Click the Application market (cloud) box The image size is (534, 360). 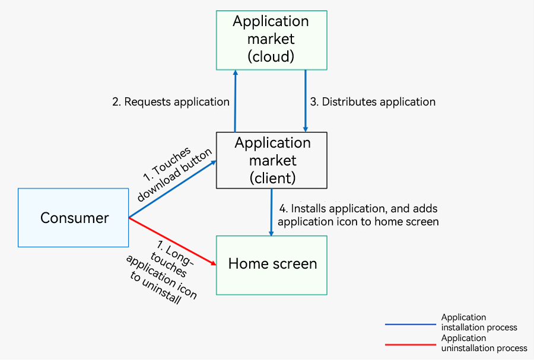[x=271, y=40]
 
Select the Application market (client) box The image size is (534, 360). [x=271, y=160]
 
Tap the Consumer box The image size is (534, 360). [x=73, y=218]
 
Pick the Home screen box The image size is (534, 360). [x=271, y=265]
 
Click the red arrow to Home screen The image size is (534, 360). [x=173, y=241]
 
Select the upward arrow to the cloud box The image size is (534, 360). [x=235, y=101]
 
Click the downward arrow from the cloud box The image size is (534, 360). [x=306, y=101]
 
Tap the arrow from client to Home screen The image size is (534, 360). [x=271, y=212]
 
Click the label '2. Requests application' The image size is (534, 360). [x=171, y=102]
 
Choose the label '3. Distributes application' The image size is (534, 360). [x=373, y=102]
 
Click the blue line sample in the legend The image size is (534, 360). [x=411, y=324]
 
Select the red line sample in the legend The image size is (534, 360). [x=411, y=345]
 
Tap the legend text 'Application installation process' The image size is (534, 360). [x=479, y=322]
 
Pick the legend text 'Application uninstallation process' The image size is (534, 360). [x=484, y=343]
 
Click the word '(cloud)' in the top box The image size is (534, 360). [x=271, y=56]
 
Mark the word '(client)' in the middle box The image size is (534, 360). [x=273, y=178]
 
